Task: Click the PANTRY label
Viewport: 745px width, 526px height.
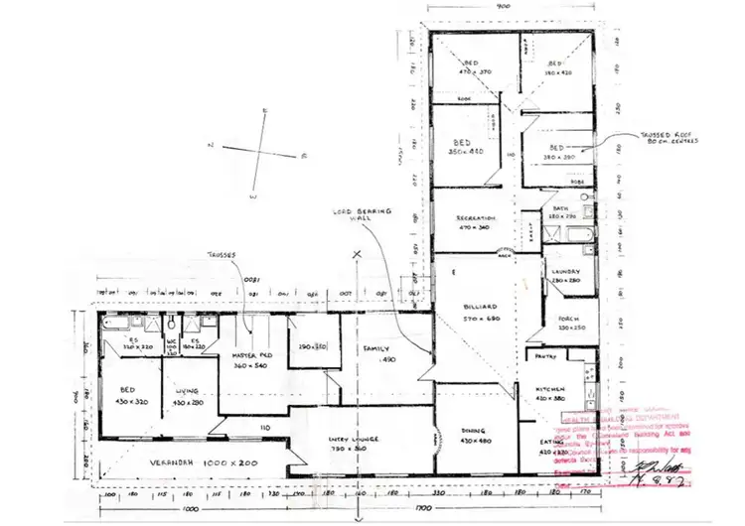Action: (544, 354)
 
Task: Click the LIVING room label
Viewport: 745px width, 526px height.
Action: (188, 391)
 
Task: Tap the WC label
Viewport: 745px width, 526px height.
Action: (172, 341)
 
